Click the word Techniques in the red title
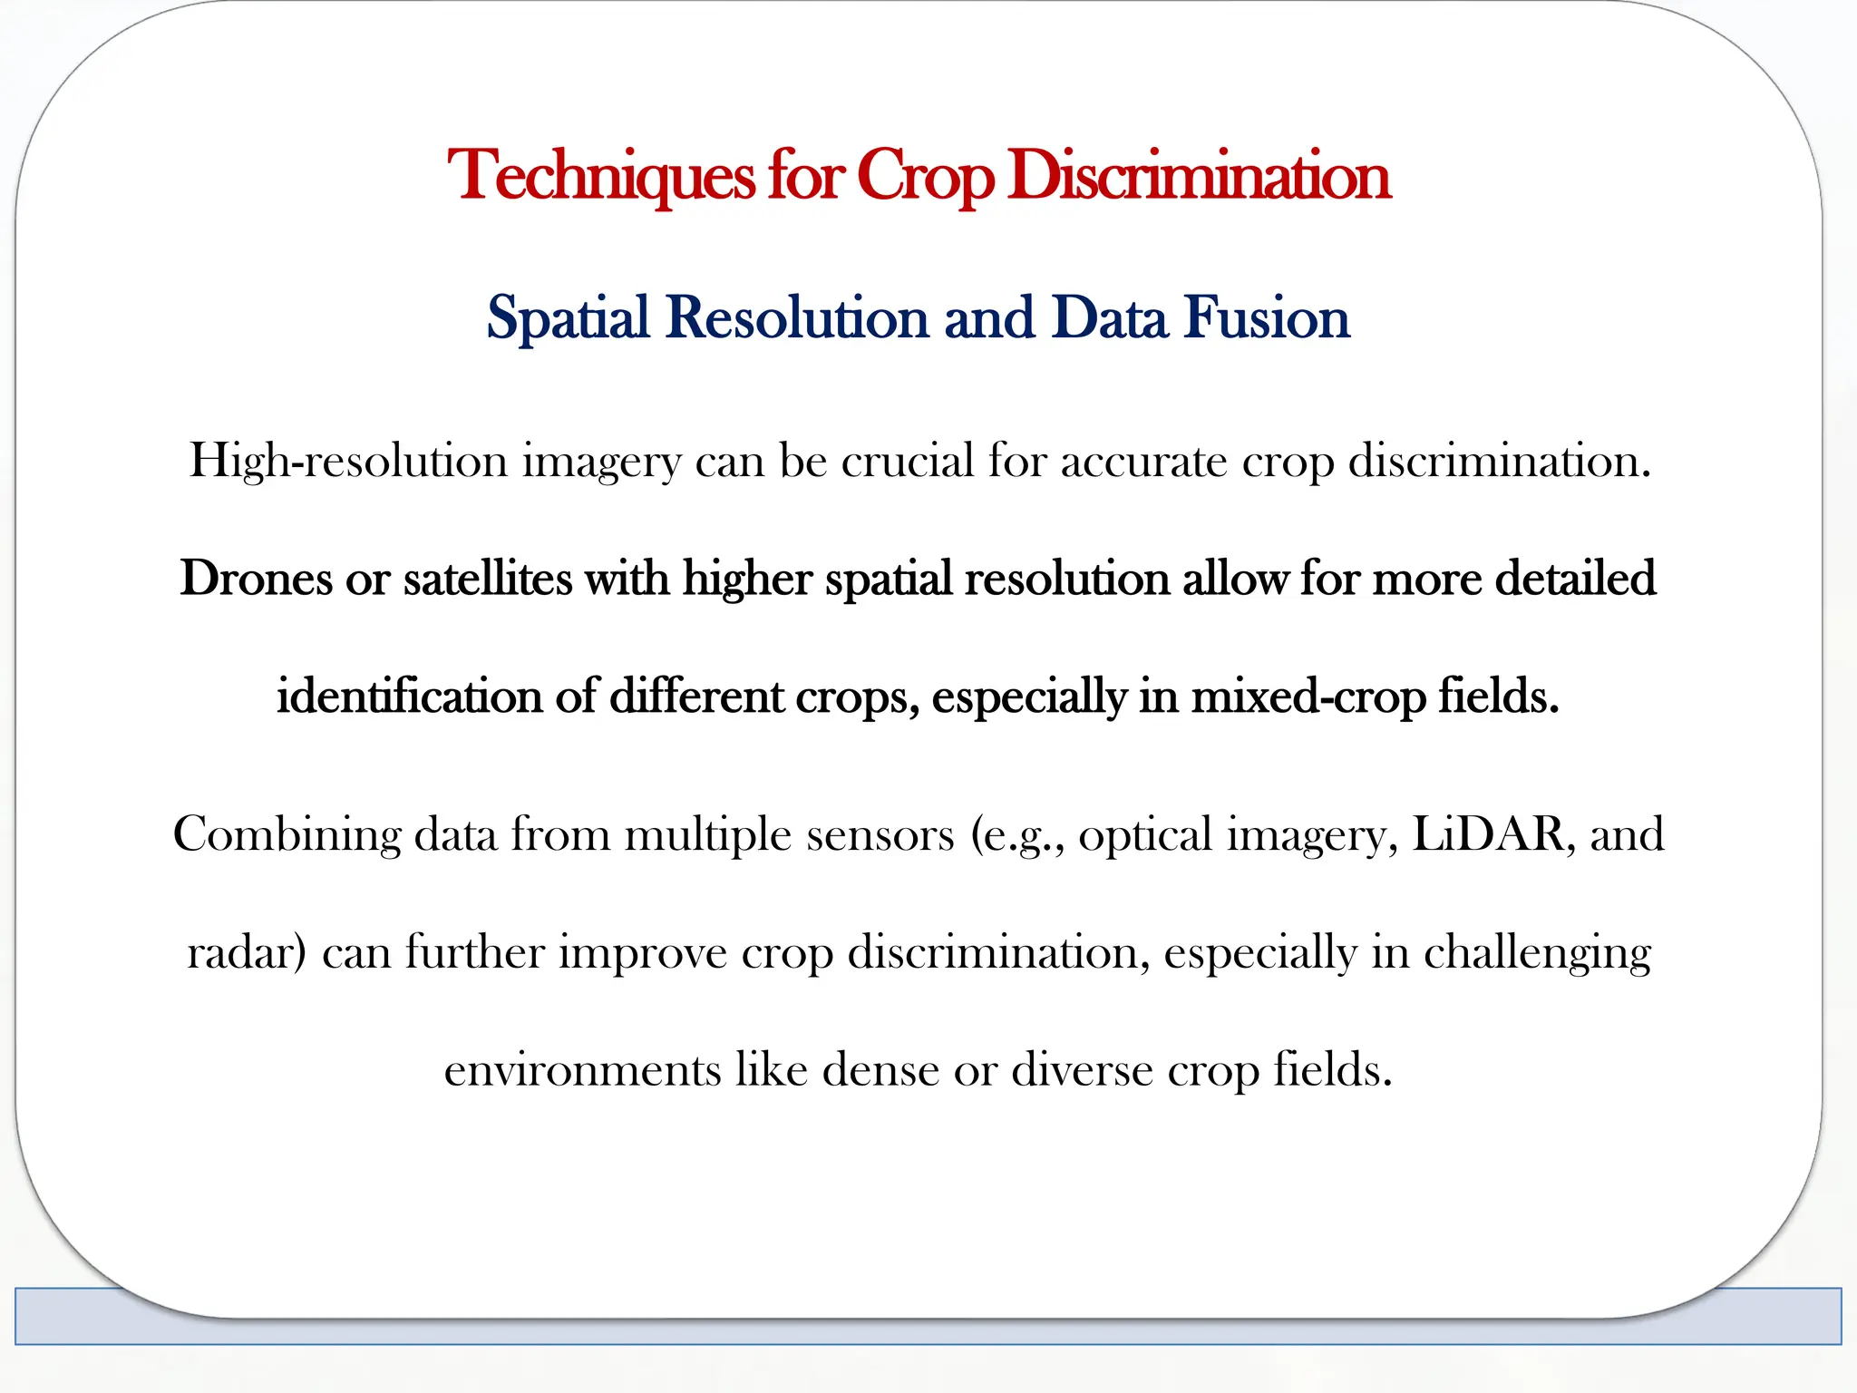[601, 176]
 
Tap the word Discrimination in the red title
[1198, 176]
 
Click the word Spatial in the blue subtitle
[568, 318]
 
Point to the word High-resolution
[348, 462]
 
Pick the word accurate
[1143, 462]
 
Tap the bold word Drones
[256, 579]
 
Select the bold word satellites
[487, 579]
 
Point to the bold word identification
[409, 696]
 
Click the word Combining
[287, 834]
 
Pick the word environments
[582, 1070]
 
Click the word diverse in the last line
[1083, 1070]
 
